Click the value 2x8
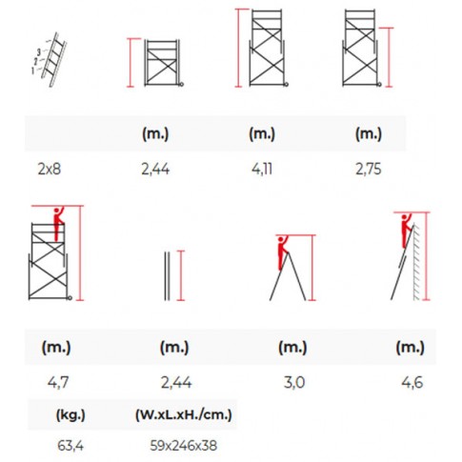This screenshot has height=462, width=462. click(49, 169)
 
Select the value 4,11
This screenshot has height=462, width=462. click(262, 169)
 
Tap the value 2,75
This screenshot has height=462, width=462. click(369, 169)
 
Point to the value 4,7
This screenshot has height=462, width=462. click(58, 382)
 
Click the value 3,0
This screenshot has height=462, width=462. click(294, 382)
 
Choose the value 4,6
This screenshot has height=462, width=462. click(412, 382)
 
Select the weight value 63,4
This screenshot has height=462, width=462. click(70, 446)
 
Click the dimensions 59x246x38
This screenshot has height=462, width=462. click(184, 446)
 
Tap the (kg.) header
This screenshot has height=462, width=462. click(70, 414)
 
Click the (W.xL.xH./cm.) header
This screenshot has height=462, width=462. click(184, 414)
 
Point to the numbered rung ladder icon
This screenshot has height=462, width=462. click(50, 59)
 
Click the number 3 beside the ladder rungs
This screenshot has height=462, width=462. click(39, 52)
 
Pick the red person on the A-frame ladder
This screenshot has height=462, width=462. click(282, 252)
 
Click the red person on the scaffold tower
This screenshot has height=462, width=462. click(58, 224)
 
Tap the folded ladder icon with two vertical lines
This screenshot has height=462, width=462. click(167, 275)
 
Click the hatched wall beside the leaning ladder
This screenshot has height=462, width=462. click(416, 262)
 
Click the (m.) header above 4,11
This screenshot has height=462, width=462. click(262, 133)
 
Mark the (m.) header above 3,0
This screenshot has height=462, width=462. click(292, 347)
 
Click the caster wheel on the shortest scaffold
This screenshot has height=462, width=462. click(181, 85)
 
